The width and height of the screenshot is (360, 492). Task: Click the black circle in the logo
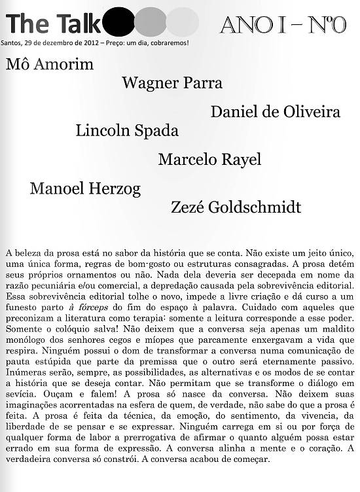point(118,22)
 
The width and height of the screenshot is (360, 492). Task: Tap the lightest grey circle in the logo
point(183,22)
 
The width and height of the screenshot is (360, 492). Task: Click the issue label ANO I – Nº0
point(283,24)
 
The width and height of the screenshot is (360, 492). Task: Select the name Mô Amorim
point(50,64)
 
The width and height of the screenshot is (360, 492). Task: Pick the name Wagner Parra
point(172,83)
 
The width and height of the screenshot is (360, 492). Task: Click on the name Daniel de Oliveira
point(275,112)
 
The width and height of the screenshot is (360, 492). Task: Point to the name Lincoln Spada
point(127,130)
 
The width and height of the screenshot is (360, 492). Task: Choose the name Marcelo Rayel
point(209,159)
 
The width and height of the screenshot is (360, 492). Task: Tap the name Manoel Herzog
point(85,189)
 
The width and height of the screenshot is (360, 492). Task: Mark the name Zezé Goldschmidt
point(236,207)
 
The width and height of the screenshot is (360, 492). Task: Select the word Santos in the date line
point(14,43)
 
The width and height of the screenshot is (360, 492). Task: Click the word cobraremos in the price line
point(170,43)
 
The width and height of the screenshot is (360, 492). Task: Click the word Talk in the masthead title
point(79,24)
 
